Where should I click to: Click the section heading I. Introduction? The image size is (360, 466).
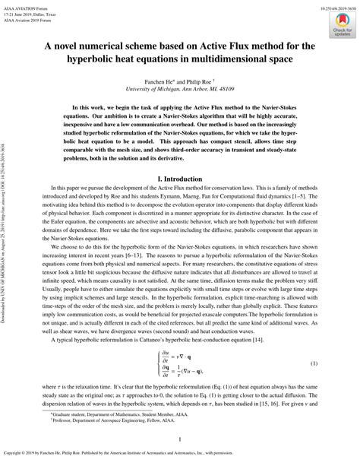179,177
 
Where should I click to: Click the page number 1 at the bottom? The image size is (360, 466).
179,439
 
